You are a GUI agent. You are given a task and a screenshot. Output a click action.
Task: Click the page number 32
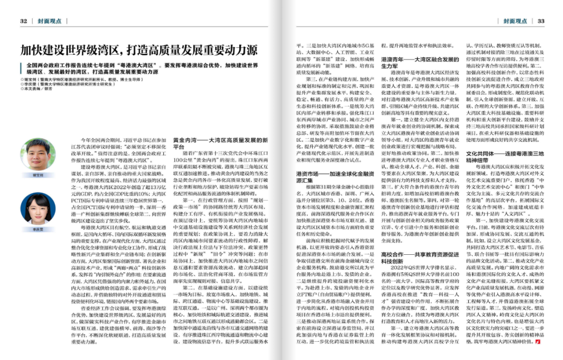point(23,21)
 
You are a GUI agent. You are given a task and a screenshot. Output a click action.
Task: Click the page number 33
point(541,21)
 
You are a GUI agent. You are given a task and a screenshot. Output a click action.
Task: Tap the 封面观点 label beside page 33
point(515,21)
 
